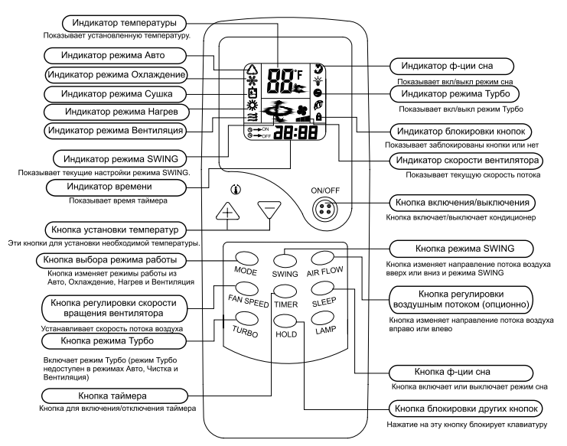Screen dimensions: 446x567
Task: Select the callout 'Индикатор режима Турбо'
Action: [457, 93]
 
